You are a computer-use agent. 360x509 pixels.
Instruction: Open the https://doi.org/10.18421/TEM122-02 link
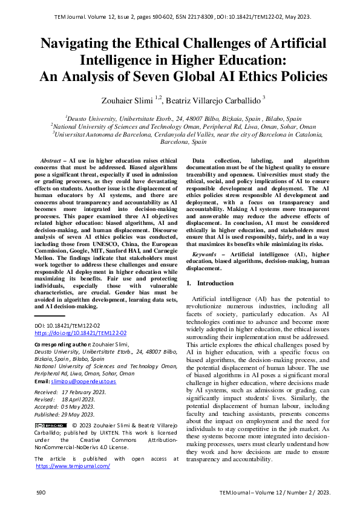point(80,332)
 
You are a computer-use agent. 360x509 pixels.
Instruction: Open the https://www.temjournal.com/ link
point(73,466)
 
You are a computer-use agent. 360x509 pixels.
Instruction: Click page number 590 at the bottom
point(41,493)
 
